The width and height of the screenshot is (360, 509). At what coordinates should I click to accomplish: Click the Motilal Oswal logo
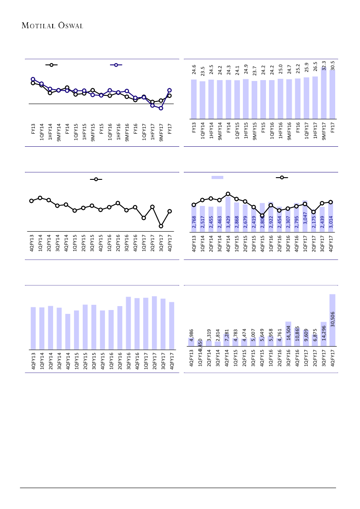pos(52,25)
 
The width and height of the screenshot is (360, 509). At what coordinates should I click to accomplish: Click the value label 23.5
pos(202,71)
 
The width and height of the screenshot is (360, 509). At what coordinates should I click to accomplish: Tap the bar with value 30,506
pos(332,320)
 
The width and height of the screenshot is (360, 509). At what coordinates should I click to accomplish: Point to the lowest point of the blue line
pos(161,108)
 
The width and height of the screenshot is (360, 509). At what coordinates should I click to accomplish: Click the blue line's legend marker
pos(116,65)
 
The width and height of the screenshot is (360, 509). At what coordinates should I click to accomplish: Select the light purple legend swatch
pos(217,177)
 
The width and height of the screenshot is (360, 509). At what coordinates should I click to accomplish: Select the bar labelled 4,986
pos(191,342)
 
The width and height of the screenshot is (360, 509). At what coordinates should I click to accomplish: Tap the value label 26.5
pos(315,70)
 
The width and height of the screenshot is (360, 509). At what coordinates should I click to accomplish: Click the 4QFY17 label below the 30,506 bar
pos(333,360)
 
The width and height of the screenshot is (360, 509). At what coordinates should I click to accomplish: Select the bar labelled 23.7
pos(254,100)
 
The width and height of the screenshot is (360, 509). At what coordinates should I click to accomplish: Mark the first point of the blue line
pos(33,79)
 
